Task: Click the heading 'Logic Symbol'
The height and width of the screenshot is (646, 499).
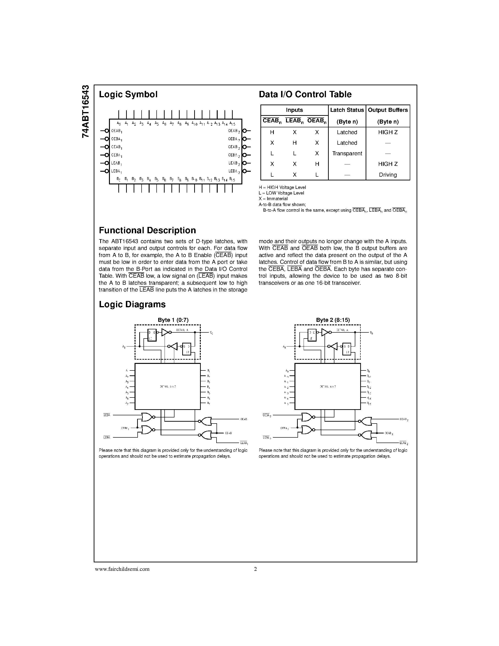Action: (128, 94)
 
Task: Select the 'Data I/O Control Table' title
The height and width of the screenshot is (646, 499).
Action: (305, 94)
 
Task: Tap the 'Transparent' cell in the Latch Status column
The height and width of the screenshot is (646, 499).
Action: (347, 154)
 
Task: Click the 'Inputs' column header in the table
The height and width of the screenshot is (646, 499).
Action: (294, 110)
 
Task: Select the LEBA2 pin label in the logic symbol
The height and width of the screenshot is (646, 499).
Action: (234, 171)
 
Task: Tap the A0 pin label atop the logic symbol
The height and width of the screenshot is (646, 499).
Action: (119, 123)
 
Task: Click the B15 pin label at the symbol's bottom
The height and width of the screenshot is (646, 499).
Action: (232, 179)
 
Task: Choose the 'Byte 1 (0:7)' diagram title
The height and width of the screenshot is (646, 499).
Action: (173, 320)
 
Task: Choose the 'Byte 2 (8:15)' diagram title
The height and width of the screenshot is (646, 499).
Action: (333, 320)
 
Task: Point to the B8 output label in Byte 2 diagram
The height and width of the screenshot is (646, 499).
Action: (371, 333)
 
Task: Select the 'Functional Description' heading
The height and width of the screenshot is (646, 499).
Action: (147, 230)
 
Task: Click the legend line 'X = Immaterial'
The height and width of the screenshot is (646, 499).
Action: (273, 199)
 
